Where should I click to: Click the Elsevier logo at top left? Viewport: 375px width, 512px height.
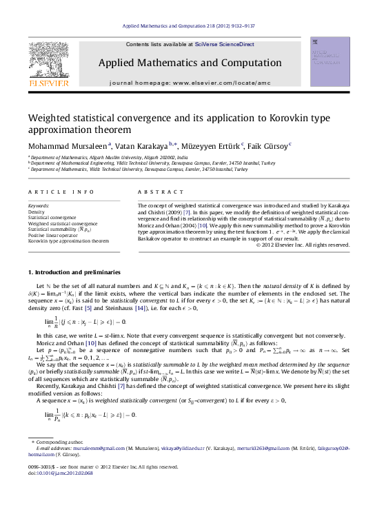[48, 66]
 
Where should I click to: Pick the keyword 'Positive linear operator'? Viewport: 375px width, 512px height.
[56, 236]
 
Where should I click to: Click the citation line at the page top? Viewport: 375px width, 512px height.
[188, 26]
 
